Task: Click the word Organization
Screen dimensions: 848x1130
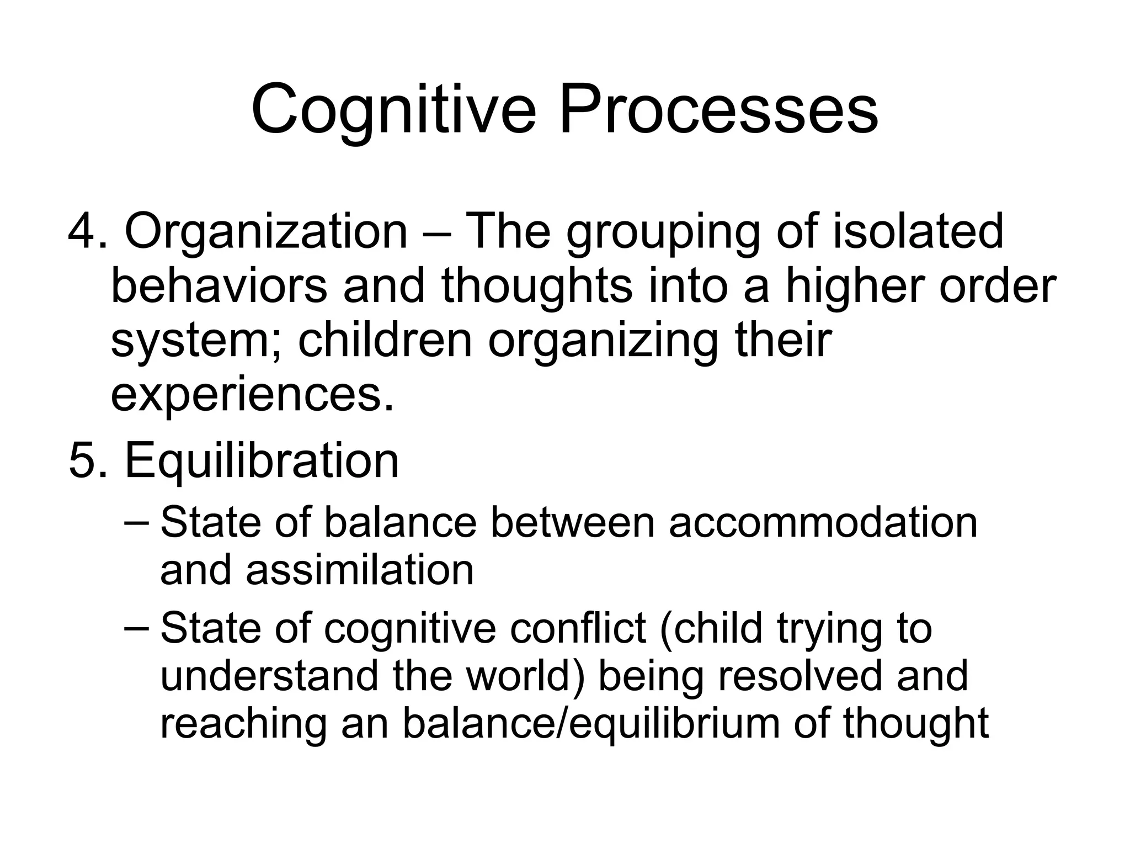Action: [266, 232]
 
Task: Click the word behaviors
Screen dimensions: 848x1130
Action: [219, 286]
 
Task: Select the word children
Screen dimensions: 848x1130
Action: [385, 340]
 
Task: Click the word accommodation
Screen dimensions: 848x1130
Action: [823, 522]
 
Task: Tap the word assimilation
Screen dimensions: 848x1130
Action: [360, 570]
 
